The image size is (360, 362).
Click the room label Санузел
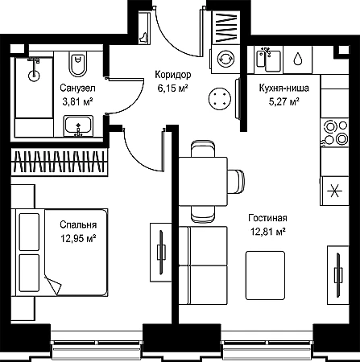(77, 88)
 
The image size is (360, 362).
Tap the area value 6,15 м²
(172, 88)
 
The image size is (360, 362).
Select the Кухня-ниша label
(283, 88)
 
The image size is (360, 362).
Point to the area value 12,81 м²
(267, 232)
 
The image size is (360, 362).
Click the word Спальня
(78, 224)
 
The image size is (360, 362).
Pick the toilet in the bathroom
(78, 64)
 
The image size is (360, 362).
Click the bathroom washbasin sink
(78, 126)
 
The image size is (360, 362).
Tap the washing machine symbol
(226, 59)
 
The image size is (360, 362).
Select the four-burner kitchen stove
(334, 133)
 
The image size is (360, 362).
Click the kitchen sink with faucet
(268, 60)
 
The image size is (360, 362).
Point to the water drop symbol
(298, 59)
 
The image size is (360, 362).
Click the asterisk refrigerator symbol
(335, 191)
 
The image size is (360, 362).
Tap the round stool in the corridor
(220, 98)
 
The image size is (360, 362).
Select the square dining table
(203, 182)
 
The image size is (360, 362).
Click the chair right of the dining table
(236, 182)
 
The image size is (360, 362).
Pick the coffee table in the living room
(265, 275)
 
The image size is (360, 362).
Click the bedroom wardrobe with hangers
(57, 162)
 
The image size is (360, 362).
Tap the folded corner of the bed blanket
(53, 285)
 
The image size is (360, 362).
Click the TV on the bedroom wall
(161, 252)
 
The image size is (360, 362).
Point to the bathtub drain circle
(34, 75)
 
